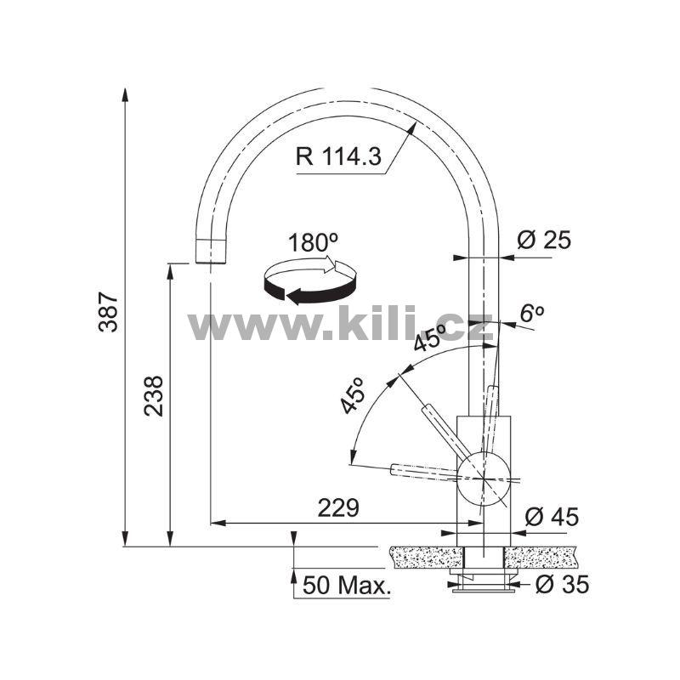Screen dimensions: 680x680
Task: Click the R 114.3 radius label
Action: pyautogui.click(x=338, y=156)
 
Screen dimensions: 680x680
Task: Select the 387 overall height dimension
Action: pyautogui.click(x=108, y=312)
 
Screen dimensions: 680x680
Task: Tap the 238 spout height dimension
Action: pyautogui.click(x=154, y=396)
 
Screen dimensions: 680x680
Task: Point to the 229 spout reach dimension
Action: pyautogui.click(x=338, y=507)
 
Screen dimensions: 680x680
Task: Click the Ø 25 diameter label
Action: pyautogui.click(x=544, y=240)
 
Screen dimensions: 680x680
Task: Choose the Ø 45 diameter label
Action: pyautogui.click(x=552, y=517)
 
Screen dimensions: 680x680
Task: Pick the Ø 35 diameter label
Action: pyautogui.click(x=562, y=584)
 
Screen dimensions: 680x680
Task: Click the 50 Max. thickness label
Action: pyautogui.click(x=347, y=586)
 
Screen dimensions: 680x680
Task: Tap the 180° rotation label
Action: pyautogui.click(x=313, y=242)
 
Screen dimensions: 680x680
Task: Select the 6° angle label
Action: pyautogui.click(x=532, y=313)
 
